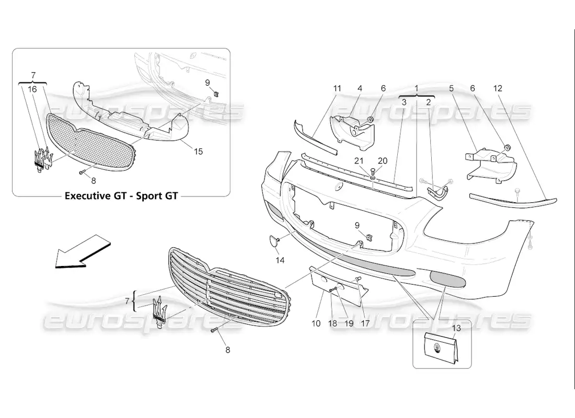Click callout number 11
tap(337, 89)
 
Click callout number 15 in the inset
tap(198, 152)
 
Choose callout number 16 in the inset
tap(32, 89)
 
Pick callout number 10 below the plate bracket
tap(316, 323)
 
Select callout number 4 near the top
tap(360, 89)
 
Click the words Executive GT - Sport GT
tap(121, 196)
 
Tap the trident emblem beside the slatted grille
tap(159, 310)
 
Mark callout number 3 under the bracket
tap(404, 103)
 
